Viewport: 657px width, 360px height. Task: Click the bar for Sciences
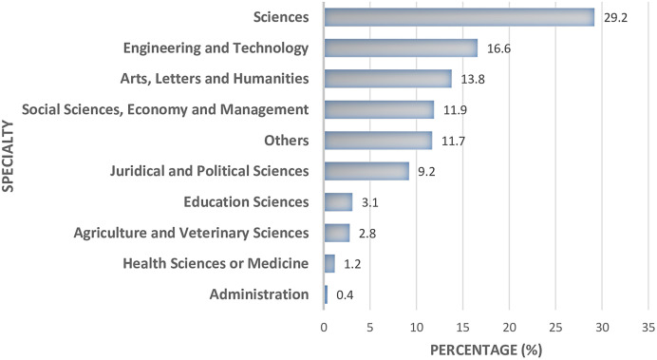(460, 17)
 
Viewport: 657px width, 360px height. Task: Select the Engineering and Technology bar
(401, 47)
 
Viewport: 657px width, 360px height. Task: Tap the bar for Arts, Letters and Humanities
(387, 78)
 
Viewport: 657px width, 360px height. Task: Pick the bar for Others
(378, 141)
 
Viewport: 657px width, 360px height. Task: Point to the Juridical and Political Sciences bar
(366, 171)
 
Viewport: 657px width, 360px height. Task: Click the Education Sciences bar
(338, 201)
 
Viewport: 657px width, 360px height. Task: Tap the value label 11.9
(452, 109)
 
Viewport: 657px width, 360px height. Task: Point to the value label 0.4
(344, 294)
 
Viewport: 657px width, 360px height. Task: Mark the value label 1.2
(351, 264)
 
